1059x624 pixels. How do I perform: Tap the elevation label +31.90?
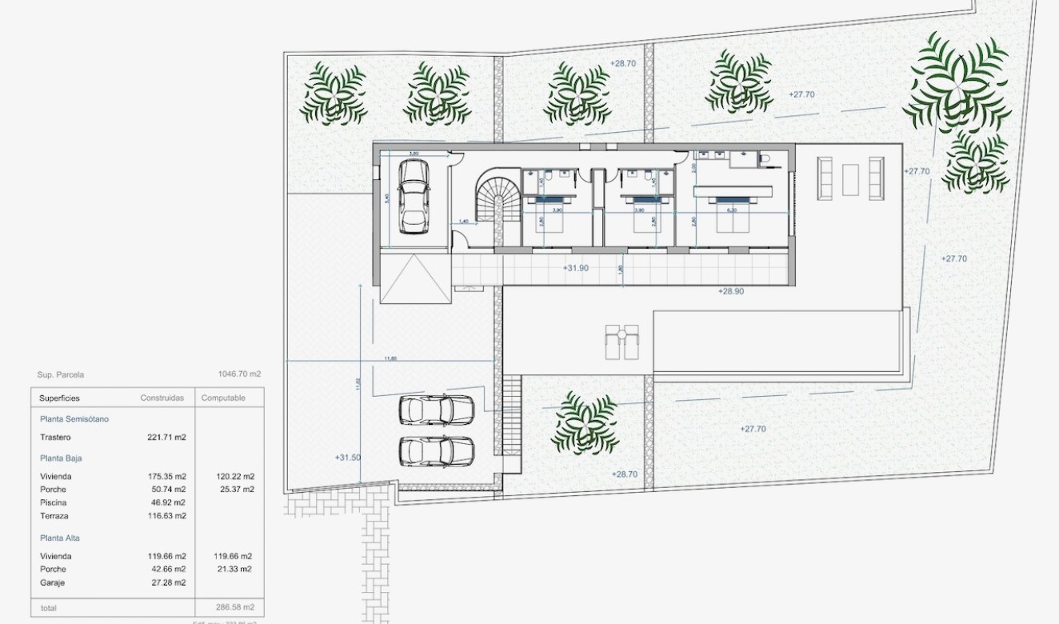pos(575,268)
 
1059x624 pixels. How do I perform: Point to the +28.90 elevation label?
pos(730,291)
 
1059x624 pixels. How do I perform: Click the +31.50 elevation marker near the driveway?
pos(348,458)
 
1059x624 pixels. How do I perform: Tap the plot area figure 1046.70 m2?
pos(239,374)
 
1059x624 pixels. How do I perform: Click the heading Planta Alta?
pos(60,538)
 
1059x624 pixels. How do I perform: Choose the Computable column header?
pos(223,398)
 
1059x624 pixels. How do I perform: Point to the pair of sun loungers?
pos(621,342)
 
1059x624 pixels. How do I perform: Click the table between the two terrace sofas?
pos(850,179)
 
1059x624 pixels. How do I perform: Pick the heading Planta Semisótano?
pos(74,419)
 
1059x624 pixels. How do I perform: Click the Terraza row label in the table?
pos(54,516)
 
